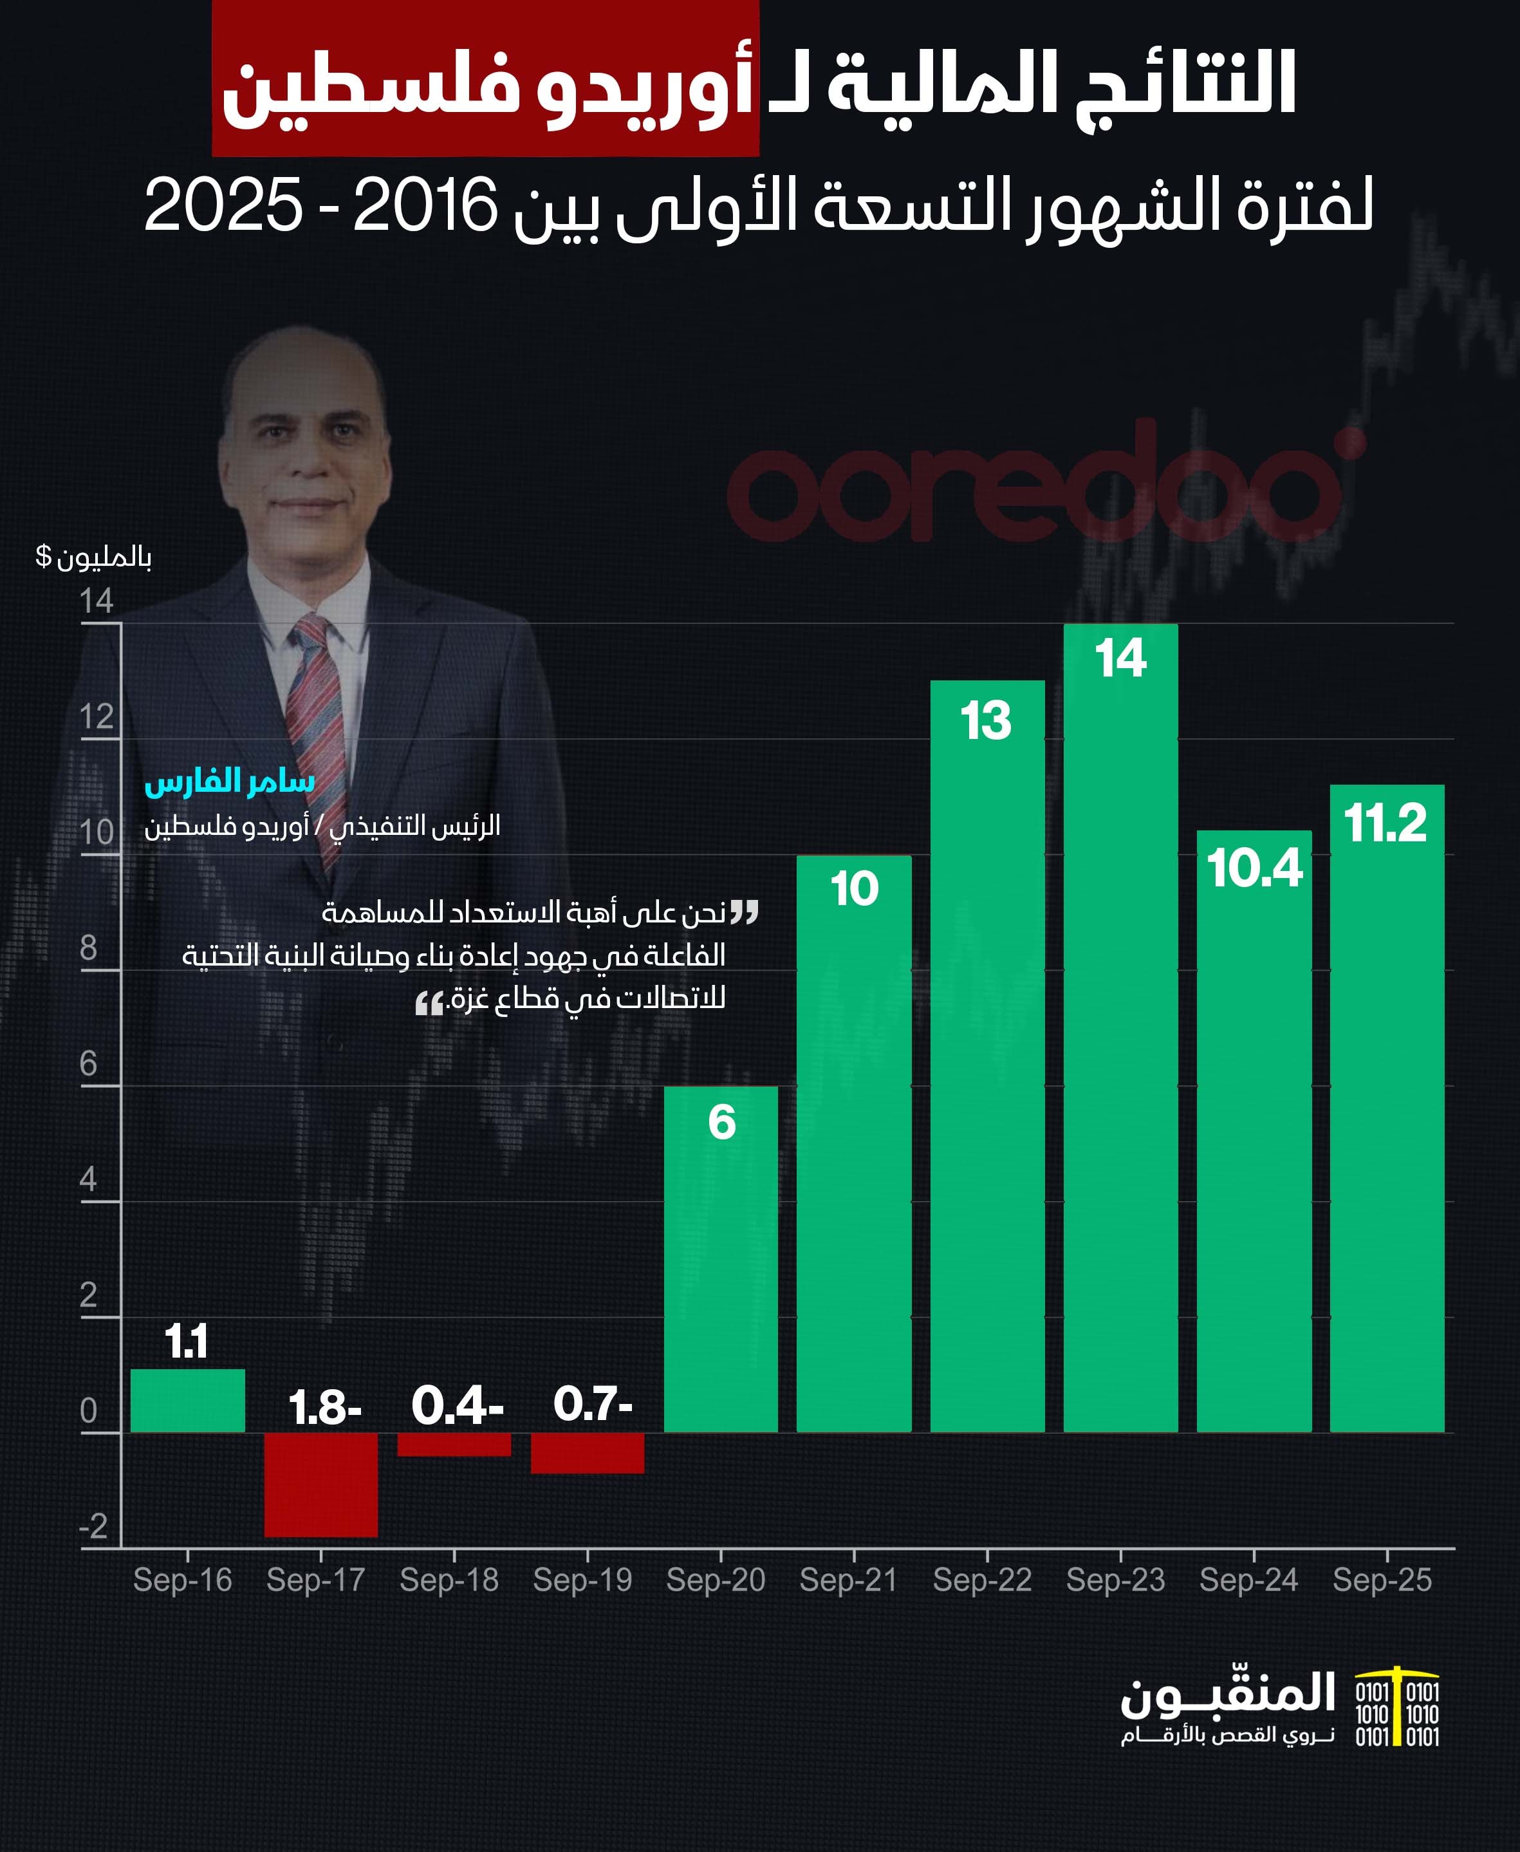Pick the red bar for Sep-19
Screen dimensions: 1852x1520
588,1453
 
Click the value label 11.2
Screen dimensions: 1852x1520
1385,823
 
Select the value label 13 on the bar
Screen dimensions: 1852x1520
986,721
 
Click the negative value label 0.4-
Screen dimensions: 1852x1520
457,1407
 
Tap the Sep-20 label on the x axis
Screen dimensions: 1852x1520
716,1580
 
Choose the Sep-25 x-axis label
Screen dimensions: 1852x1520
1382,1580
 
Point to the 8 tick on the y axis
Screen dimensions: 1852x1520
88,948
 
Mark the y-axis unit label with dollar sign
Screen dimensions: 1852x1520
94,557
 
